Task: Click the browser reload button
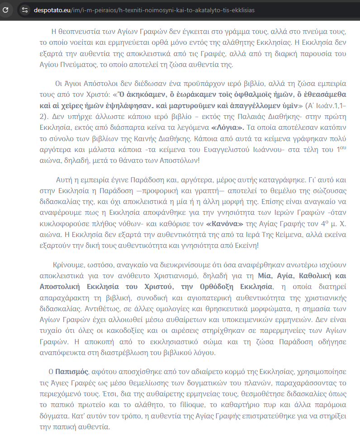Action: point(6,9)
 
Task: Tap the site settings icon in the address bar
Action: point(25,9)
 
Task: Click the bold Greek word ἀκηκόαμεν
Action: point(121,95)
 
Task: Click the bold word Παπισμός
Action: point(72,372)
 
